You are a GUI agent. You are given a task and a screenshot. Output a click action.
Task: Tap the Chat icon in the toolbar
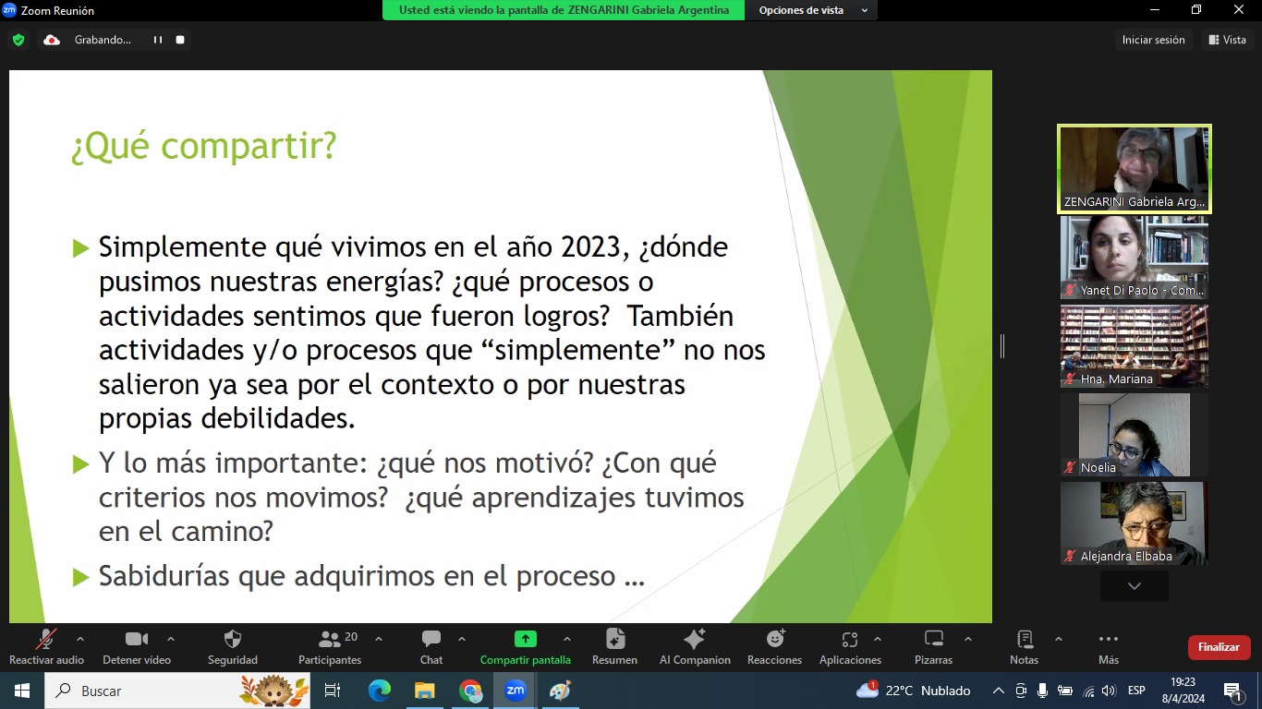pyautogui.click(x=431, y=639)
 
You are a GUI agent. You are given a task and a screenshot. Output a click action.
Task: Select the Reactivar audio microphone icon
pyautogui.click(x=46, y=639)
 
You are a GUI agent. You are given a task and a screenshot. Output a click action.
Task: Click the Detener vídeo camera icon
pyautogui.click(x=137, y=639)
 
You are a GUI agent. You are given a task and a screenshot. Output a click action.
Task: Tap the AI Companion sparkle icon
pyautogui.click(x=694, y=639)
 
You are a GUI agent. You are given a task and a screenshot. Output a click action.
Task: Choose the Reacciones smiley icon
pyautogui.click(x=775, y=639)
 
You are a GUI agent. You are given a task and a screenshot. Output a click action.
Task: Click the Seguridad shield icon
pyautogui.click(x=232, y=639)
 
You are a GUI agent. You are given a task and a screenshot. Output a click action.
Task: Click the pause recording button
pyautogui.click(x=158, y=40)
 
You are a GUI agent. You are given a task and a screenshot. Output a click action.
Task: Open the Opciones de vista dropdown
pyautogui.click(x=811, y=10)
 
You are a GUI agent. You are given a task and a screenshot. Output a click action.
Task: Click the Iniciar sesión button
pyautogui.click(x=1153, y=40)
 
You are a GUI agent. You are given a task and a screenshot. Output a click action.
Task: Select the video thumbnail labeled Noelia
pyautogui.click(x=1135, y=435)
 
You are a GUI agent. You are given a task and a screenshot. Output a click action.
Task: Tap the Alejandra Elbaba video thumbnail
pyautogui.click(x=1135, y=523)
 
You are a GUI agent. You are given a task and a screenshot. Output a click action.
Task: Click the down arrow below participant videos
pyautogui.click(x=1135, y=586)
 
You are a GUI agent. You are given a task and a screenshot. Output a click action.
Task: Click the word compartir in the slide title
pyautogui.click(x=248, y=147)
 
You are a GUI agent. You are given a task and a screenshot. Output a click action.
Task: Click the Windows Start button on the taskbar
pyautogui.click(x=21, y=691)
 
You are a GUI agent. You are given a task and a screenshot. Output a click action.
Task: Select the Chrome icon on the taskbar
pyautogui.click(x=470, y=691)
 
